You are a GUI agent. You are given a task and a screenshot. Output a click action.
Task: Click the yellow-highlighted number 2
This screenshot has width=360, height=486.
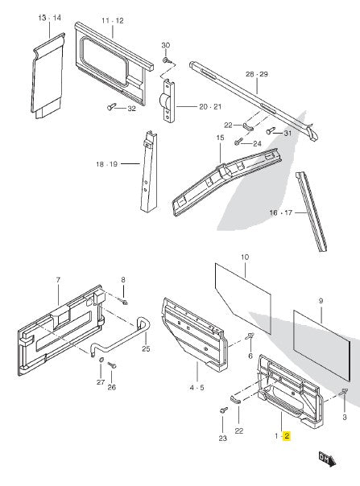287,436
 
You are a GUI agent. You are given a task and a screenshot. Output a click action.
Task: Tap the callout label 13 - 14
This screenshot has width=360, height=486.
50,18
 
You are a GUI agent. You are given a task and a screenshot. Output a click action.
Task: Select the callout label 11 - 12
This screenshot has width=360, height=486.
113,21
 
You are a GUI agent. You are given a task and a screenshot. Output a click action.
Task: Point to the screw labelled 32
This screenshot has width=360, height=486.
111,106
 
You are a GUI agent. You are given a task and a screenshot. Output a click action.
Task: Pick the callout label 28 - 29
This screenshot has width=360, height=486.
257,74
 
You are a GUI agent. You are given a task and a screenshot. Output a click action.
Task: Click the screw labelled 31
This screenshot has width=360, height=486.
271,130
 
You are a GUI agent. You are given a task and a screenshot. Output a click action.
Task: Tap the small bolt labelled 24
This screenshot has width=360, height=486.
238,142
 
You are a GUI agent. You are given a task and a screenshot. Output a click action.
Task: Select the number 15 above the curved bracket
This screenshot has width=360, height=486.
220,138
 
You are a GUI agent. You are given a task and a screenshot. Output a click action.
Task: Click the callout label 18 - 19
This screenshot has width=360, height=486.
107,164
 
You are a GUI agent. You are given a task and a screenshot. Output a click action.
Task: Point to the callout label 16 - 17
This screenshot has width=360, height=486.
281,212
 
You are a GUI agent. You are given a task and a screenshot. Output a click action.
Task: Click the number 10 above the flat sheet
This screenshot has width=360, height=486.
245,257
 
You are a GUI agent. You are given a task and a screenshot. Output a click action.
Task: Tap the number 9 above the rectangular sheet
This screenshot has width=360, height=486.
321,301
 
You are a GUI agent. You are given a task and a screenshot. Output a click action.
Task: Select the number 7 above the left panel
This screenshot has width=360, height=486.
58,280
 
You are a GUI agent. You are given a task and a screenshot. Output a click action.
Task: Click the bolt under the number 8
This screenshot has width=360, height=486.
123,301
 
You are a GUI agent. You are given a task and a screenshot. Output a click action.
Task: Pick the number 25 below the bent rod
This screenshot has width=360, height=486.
146,348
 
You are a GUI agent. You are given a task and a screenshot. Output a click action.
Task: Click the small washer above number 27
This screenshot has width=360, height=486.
101,360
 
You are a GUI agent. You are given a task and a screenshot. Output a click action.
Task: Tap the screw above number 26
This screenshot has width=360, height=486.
112,365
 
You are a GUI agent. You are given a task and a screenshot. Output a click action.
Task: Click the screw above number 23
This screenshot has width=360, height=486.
223,410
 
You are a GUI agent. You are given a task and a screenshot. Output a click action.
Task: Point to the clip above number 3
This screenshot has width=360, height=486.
344,392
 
